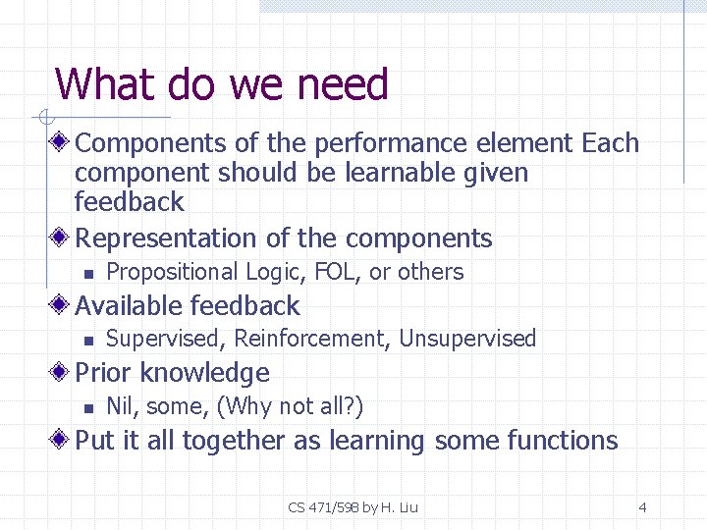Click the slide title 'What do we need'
tap(222, 85)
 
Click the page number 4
tap(642, 507)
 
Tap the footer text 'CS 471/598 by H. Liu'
tap(353, 507)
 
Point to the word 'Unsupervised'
tap(468, 340)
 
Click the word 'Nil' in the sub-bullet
tap(119, 406)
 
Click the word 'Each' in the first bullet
tap(610, 143)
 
